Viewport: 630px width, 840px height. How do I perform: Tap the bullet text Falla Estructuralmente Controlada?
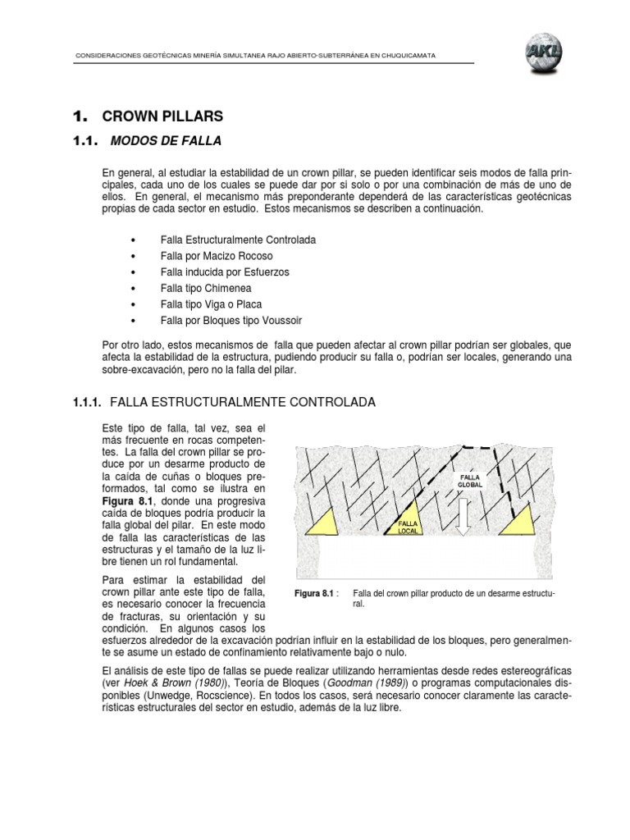coord(238,240)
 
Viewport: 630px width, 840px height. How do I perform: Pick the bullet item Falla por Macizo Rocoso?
coord(217,255)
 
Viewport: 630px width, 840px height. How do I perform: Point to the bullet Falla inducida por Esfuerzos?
coord(225,272)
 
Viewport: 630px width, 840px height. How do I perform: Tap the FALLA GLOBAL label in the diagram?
coord(470,480)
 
